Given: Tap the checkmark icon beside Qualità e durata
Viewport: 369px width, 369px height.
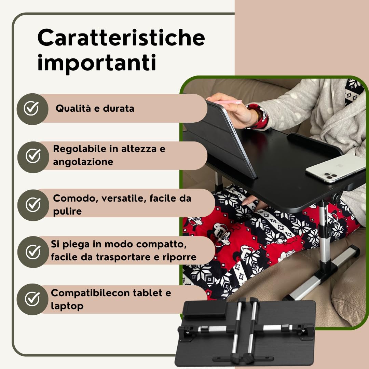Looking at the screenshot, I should tap(31, 109).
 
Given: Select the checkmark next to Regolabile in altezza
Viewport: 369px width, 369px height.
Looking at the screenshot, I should tap(33, 156).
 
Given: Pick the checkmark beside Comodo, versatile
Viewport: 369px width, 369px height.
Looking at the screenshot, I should tap(33, 204).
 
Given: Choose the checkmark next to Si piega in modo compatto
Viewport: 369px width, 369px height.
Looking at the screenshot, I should tap(33, 252).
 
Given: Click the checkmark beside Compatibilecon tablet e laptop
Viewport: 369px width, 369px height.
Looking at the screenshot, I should tap(32, 299).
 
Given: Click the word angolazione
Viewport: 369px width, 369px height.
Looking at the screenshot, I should tap(83, 162).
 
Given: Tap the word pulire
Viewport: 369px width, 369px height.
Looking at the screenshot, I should tap(67, 211).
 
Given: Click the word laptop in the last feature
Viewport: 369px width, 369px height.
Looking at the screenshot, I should tap(67, 306).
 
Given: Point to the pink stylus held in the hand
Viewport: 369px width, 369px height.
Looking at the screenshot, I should tap(227, 102).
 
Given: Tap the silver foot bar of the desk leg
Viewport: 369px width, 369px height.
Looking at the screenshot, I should tap(325, 273).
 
